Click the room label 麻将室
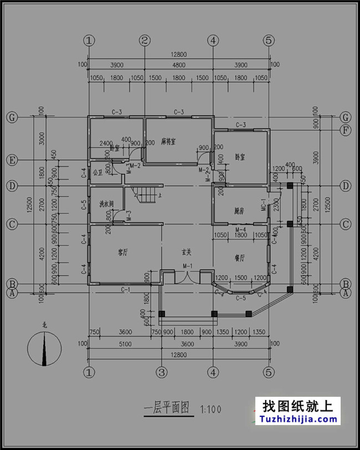(168, 142)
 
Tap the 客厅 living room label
(123, 252)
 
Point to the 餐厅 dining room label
(240, 258)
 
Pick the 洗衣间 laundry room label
(106, 204)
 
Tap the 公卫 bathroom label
(98, 172)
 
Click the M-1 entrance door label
(187, 267)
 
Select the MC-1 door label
(264, 209)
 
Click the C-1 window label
(126, 289)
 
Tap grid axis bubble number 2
(145, 40)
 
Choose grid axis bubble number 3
(161, 371)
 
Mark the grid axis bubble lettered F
(346, 130)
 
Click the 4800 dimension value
(178, 65)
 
